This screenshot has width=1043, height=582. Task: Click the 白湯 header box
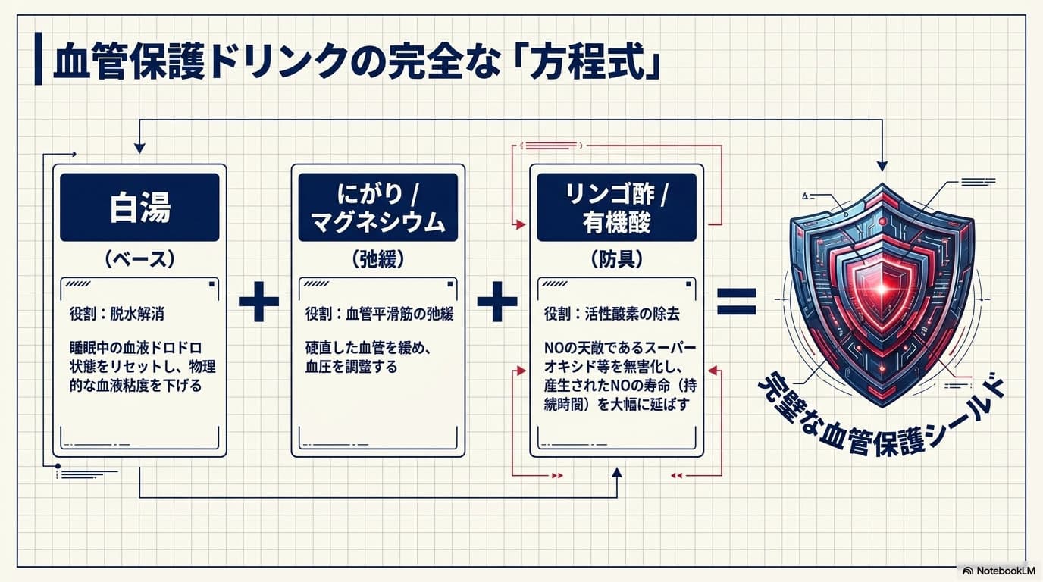click(139, 207)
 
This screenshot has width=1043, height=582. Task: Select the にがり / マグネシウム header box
click(378, 207)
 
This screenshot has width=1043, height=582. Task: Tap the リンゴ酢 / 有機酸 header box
click(616, 207)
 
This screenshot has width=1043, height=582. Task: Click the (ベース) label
click(139, 259)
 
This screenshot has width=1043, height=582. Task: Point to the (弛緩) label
click(378, 259)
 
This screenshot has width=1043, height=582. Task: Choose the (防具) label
click(616, 259)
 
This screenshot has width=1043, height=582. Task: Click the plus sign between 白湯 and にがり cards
click(259, 302)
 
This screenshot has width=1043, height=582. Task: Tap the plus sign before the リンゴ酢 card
click(497, 302)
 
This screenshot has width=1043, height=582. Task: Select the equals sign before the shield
click(737, 302)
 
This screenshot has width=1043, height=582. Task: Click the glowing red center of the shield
click(882, 289)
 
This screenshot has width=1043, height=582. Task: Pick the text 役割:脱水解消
click(117, 314)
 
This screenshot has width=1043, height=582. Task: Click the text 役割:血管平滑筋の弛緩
click(380, 314)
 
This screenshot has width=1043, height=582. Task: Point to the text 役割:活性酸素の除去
click(612, 314)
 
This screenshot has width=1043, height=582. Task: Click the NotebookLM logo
click(999, 571)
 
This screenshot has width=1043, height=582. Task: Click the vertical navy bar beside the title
click(38, 58)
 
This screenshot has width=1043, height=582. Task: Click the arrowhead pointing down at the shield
click(882, 166)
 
